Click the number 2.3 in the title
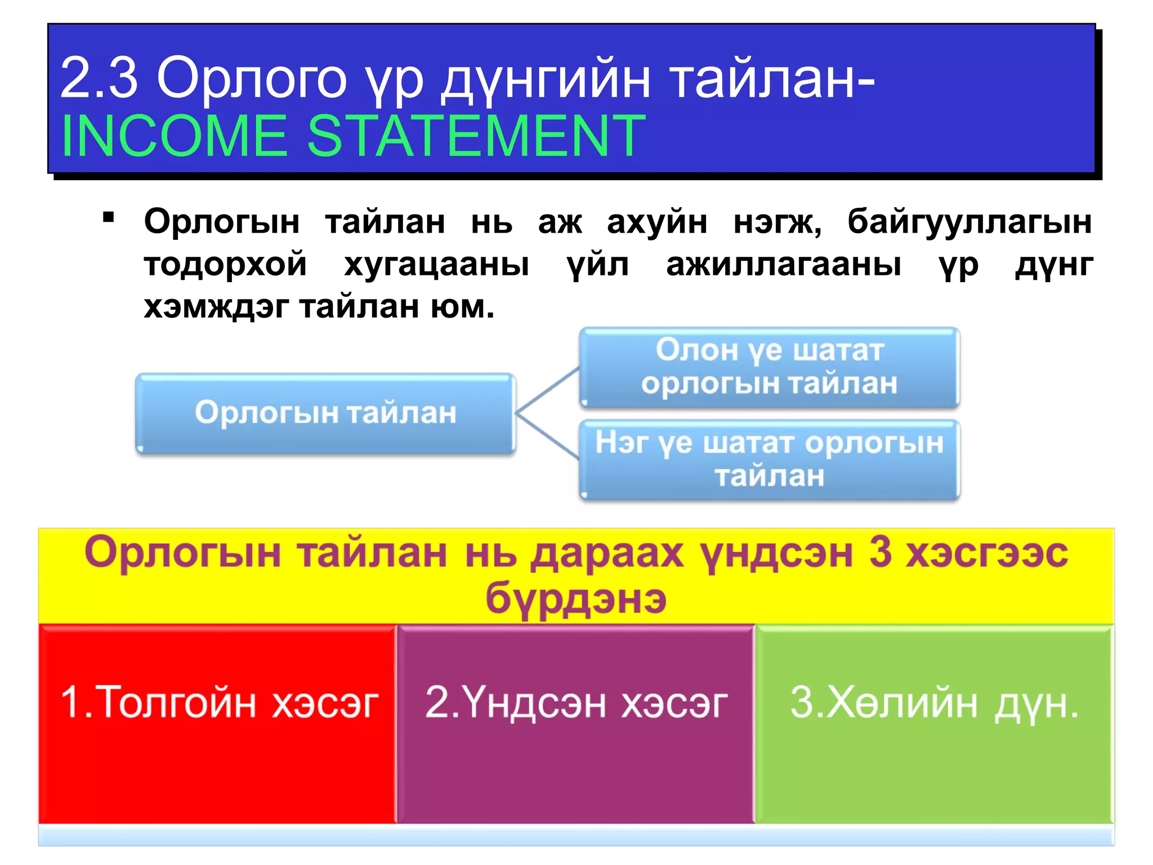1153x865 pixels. click(99, 78)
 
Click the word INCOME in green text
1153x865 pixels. click(174, 136)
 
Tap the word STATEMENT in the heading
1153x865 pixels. click(476, 136)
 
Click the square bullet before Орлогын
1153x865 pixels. click(109, 217)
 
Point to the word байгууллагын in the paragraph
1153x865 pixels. click(969, 221)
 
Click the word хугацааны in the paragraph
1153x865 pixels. click(437, 264)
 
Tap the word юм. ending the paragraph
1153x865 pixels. click(463, 307)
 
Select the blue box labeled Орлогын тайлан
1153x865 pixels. click(325, 413)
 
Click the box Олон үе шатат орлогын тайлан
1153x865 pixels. click(769, 367)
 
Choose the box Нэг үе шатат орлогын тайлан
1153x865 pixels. click(769, 460)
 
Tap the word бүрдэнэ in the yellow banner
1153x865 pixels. click(576, 598)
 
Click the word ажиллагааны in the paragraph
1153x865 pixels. click(784, 264)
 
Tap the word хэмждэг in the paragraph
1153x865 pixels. click(216, 307)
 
